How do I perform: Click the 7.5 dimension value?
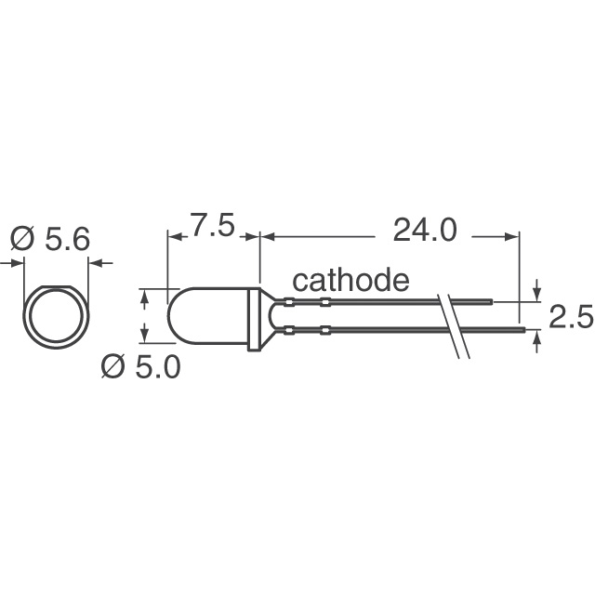pyautogui.click(x=214, y=228)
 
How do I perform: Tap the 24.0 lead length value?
pyautogui.click(x=424, y=230)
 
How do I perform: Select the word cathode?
pyautogui.click(x=351, y=280)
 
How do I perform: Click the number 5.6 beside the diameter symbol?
pyautogui.click(x=67, y=240)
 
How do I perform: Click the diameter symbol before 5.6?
pyautogui.click(x=23, y=240)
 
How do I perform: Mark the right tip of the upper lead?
pyautogui.click(x=490, y=302)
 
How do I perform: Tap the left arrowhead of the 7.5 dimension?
pyautogui.click(x=172, y=238)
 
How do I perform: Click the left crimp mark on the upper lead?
pyautogui.click(x=288, y=303)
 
